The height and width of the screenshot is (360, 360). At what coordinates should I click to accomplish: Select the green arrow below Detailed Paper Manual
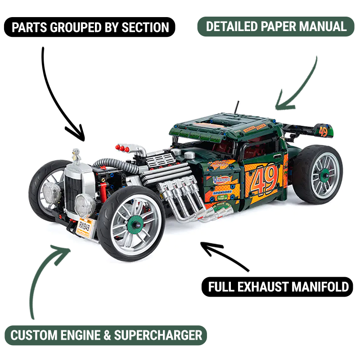coord(297,85)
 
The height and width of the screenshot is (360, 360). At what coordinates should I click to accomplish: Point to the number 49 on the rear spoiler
coord(323,131)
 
